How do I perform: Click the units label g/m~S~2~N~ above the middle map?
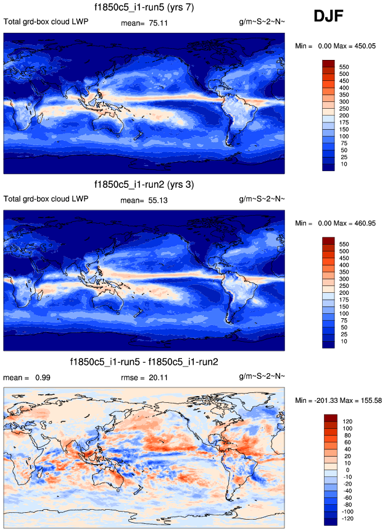click(262, 199)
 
